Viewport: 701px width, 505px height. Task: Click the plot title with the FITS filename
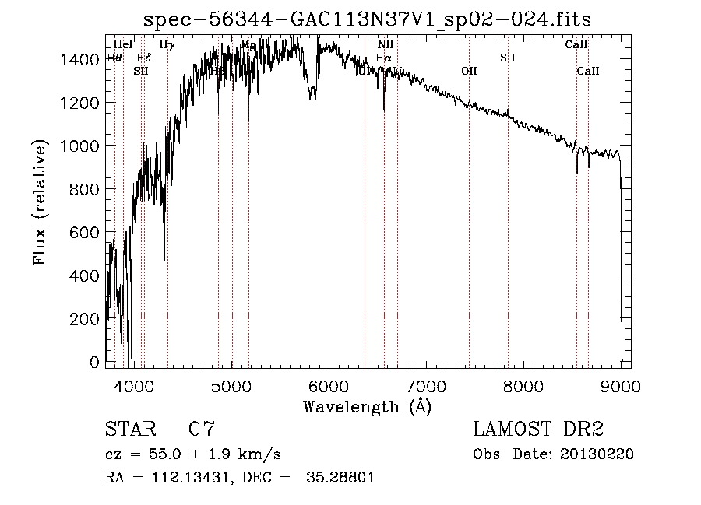[373, 19]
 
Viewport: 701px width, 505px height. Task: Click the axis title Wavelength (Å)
[367, 406]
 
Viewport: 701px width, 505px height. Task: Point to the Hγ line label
[167, 45]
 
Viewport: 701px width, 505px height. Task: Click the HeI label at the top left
[123, 45]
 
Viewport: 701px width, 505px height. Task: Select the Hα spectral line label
[383, 58]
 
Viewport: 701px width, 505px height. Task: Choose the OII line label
[469, 71]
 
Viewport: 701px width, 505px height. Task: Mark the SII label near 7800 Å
[508, 58]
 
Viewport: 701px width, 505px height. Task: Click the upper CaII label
[576, 45]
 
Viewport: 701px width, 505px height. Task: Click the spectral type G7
[202, 430]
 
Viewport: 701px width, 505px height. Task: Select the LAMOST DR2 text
[538, 430]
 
